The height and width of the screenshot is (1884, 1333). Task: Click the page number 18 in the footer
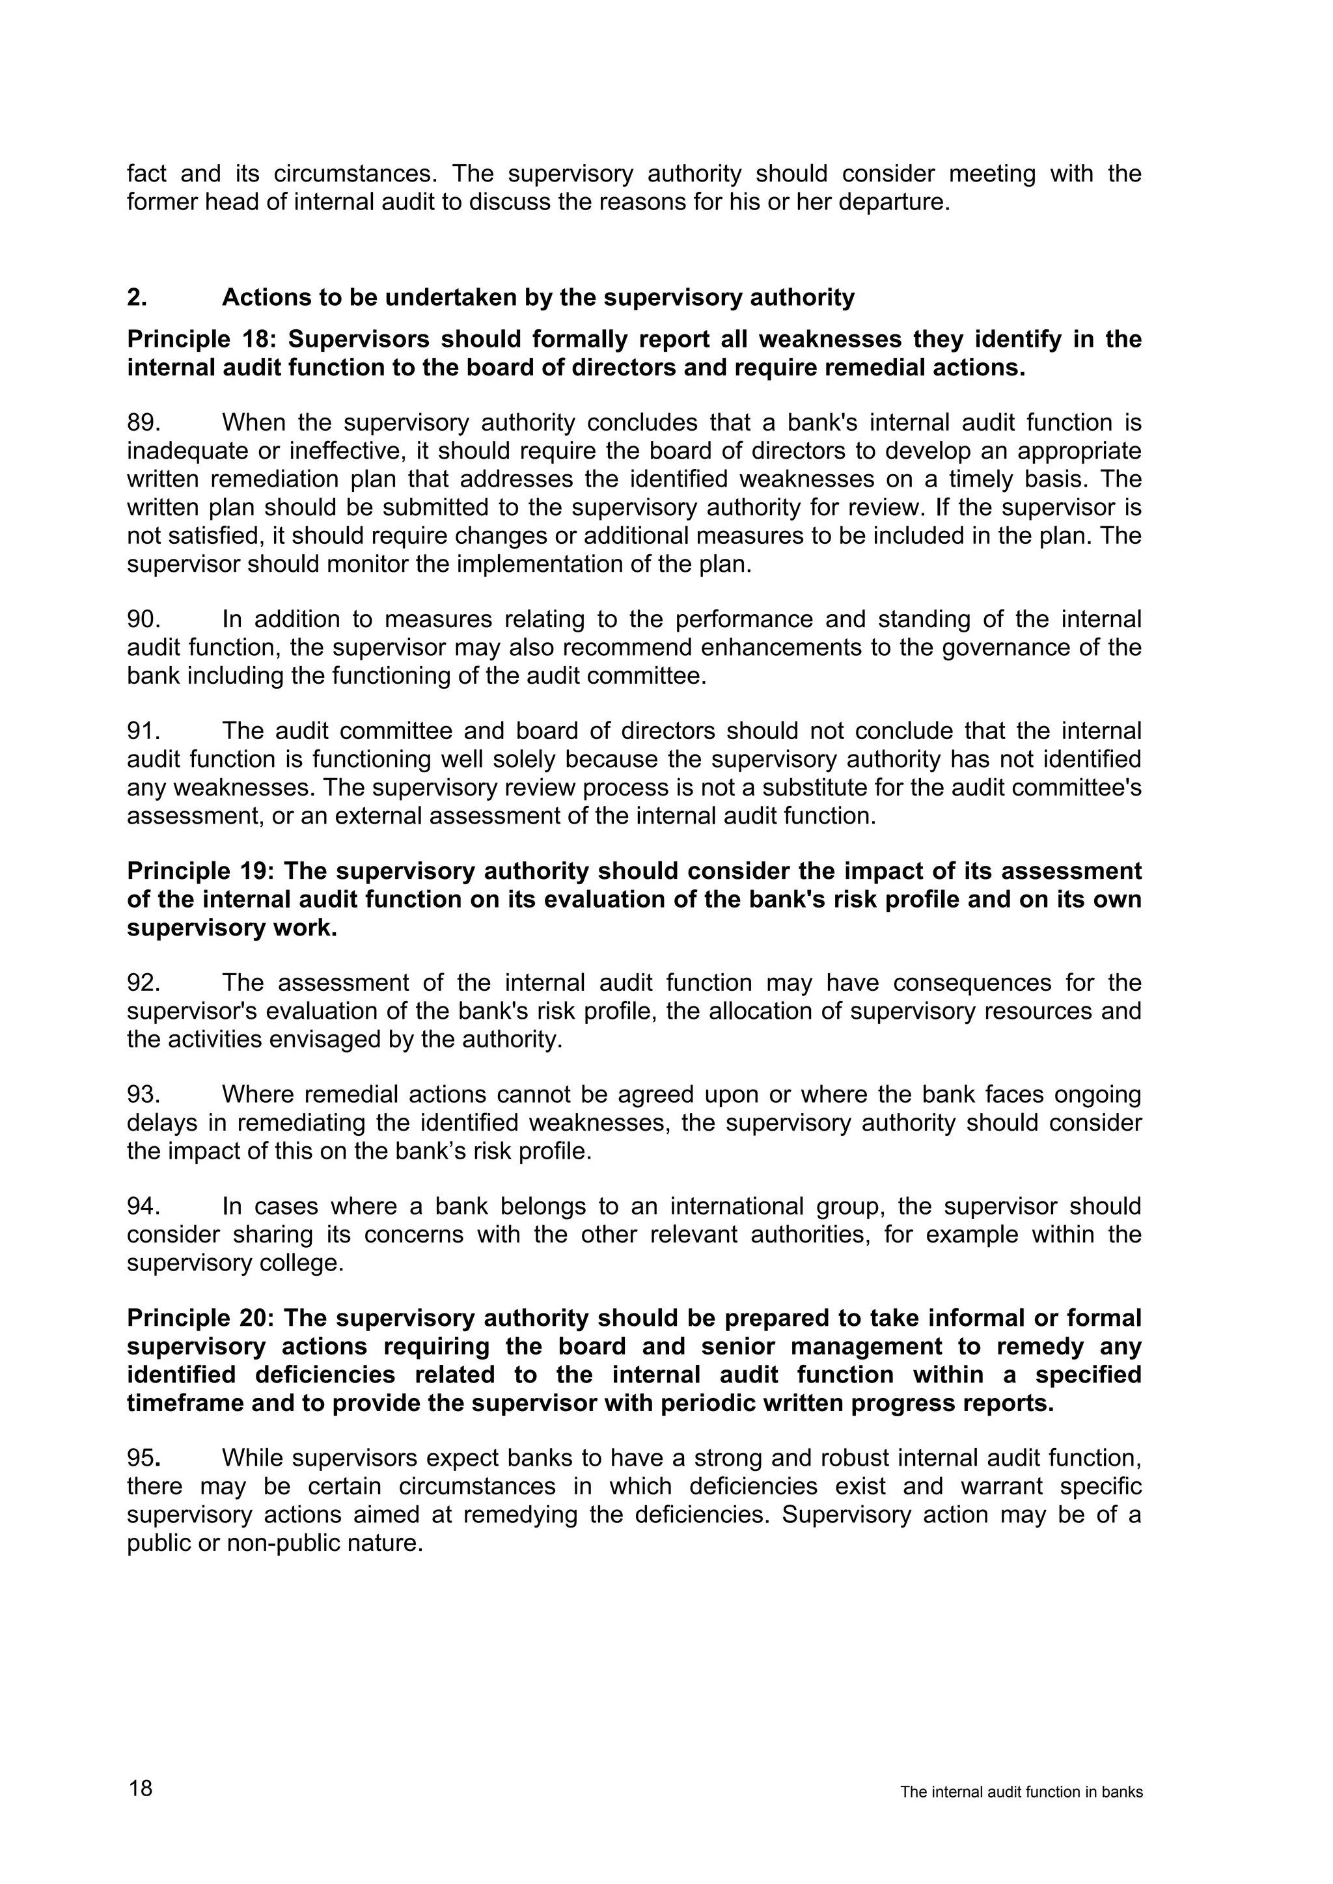tap(141, 1788)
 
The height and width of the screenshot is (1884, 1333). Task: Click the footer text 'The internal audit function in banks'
tap(1021, 1792)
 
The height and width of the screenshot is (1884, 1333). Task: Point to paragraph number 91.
tap(143, 731)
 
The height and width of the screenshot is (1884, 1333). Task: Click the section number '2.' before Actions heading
tap(137, 297)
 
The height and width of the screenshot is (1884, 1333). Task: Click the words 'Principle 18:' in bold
tap(202, 339)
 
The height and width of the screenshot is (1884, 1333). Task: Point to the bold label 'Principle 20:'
tap(202, 1318)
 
